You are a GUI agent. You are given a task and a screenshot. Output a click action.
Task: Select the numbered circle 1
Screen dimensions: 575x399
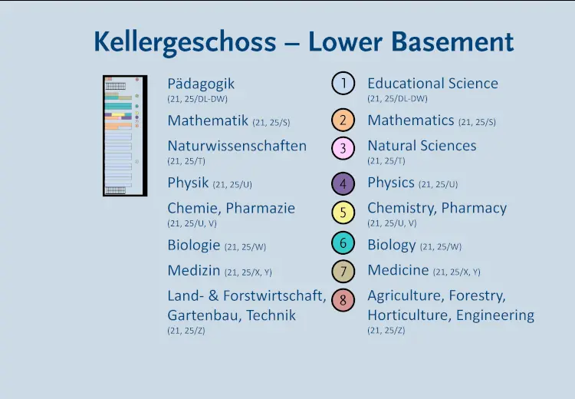coord(343,84)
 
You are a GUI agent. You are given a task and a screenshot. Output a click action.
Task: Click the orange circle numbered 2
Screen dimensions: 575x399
coord(343,120)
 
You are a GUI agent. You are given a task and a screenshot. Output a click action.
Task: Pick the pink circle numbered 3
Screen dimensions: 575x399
coord(343,148)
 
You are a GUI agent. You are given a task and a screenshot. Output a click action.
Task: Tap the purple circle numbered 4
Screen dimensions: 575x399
coord(343,183)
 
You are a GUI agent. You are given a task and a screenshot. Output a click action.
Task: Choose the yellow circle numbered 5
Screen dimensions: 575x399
coord(343,213)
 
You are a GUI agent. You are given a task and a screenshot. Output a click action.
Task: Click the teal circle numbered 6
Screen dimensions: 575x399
coord(343,242)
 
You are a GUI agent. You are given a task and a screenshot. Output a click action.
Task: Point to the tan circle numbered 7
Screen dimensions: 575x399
coord(343,272)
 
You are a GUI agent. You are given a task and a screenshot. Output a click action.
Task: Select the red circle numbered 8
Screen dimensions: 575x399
coord(343,300)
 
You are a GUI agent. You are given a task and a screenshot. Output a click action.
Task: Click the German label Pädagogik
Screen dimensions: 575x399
coord(201,84)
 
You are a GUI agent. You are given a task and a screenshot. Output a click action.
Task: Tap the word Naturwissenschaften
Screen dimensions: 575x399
coord(237,146)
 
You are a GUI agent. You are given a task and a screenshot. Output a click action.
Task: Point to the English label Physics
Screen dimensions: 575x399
coord(391,183)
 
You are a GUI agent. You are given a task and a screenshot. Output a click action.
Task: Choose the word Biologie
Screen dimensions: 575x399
coord(194,246)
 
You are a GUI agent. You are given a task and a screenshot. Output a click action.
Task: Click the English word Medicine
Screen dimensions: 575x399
coord(398,270)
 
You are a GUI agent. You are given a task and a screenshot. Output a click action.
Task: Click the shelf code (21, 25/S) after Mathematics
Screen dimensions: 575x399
coord(477,122)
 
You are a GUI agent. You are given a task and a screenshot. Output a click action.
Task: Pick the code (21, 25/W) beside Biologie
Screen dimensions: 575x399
coord(245,247)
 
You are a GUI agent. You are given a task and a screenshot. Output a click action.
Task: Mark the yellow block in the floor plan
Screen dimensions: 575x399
coord(118,115)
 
